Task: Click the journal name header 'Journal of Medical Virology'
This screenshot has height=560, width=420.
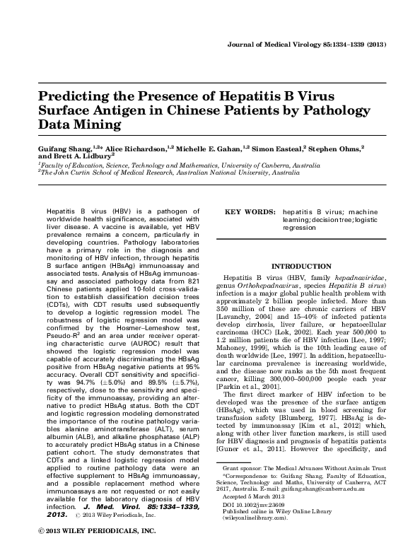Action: (277, 44)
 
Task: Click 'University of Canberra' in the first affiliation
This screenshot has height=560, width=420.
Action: (255, 165)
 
